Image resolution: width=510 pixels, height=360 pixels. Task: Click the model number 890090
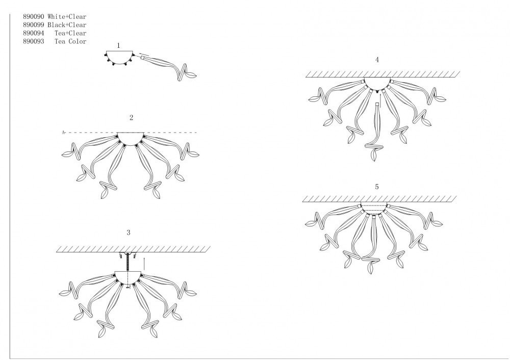34,17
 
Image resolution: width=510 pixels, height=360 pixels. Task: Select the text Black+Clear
67,25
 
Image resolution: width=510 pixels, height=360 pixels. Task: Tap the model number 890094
34,33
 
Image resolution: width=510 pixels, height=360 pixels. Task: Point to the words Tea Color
70,41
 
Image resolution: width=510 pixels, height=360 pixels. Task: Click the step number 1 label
118,45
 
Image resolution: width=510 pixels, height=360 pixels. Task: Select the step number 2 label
131,118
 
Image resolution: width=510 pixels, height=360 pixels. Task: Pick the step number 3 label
129,233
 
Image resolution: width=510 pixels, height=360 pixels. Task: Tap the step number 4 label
377,60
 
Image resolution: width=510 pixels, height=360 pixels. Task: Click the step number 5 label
377,187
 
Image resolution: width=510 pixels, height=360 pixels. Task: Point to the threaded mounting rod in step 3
128,262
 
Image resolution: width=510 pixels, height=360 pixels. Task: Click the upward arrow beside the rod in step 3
144,264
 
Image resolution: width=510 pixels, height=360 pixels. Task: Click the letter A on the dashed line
64,133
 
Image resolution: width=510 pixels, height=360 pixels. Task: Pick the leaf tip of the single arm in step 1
197,75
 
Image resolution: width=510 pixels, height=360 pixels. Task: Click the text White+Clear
67,17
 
